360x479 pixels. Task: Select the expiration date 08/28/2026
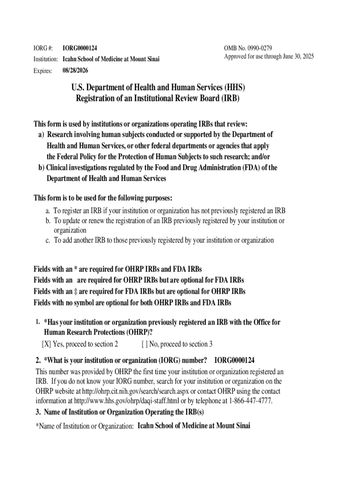pos(75,71)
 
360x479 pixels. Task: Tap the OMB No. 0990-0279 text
pos(248,48)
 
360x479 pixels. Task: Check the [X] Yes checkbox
pos(47,344)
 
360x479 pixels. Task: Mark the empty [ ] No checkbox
pos(144,344)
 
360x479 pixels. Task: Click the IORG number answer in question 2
pos(234,360)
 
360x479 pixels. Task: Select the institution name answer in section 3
pos(194,426)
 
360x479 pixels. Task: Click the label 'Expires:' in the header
pos(43,71)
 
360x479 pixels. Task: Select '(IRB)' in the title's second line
pos(228,98)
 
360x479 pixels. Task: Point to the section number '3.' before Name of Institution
pos(38,412)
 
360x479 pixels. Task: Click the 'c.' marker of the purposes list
pos(48,240)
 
